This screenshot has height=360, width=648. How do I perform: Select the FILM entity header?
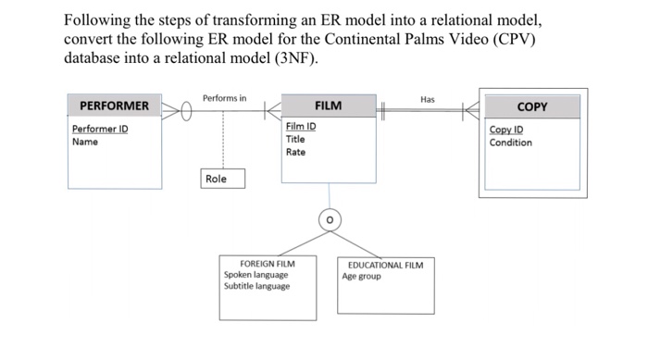(328, 106)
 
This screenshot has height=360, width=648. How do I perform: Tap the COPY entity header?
(532, 107)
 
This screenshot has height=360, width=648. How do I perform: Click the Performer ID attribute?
(100, 129)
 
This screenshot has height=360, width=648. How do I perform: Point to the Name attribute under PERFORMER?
(84, 142)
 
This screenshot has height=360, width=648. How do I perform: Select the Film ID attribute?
(301, 127)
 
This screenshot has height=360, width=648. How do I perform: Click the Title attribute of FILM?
(295, 139)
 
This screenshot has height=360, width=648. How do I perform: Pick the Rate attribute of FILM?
(295, 152)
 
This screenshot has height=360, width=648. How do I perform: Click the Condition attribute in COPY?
(511, 143)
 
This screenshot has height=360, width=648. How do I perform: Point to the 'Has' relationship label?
(427, 99)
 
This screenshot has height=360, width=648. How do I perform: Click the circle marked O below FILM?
(329, 219)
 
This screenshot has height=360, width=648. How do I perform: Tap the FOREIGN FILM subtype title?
(268, 264)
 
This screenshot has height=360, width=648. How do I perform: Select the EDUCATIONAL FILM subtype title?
(386, 265)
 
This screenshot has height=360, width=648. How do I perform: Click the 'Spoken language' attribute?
(256, 275)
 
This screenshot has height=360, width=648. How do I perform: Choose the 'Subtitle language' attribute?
(257, 286)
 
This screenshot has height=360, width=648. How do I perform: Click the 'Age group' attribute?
(361, 276)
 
